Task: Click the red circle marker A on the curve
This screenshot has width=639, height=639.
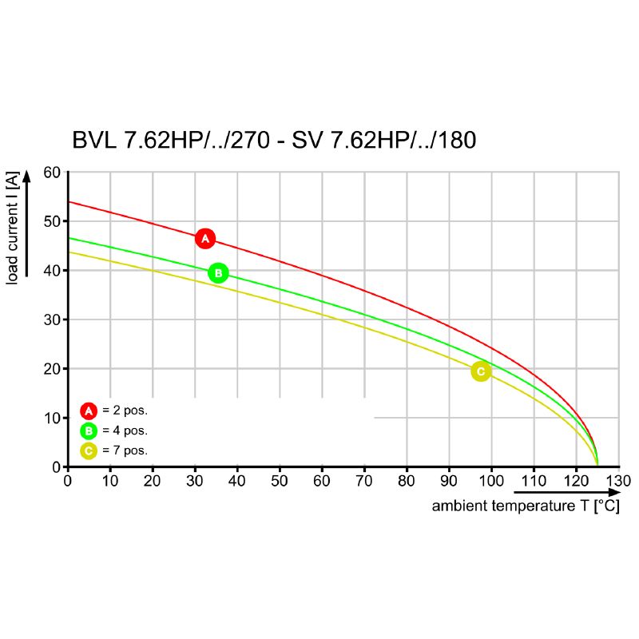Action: tap(205, 238)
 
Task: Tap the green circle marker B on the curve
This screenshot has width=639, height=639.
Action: tap(218, 272)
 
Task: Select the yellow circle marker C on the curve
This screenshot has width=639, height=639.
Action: tap(480, 371)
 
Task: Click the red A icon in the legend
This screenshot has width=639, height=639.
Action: tap(88, 411)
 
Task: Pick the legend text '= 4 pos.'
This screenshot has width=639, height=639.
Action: tap(125, 431)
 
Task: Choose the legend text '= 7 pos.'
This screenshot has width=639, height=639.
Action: tap(125, 450)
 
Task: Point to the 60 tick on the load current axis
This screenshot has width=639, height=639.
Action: tap(52, 173)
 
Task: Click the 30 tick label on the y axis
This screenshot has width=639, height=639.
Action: tap(52, 319)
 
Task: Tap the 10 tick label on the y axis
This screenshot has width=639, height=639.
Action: tap(52, 418)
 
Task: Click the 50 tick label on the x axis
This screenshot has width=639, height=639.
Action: tap(280, 481)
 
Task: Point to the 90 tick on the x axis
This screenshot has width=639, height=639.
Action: tap(449, 481)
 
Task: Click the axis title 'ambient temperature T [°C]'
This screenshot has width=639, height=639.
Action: tap(526, 506)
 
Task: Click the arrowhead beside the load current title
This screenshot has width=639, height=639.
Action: tap(27, 177)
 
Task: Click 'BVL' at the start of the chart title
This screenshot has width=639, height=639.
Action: tap(94, 141)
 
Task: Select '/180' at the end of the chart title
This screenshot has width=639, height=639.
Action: tap(452, 141)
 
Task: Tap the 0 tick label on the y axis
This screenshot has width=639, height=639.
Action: tap(56, 466)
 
